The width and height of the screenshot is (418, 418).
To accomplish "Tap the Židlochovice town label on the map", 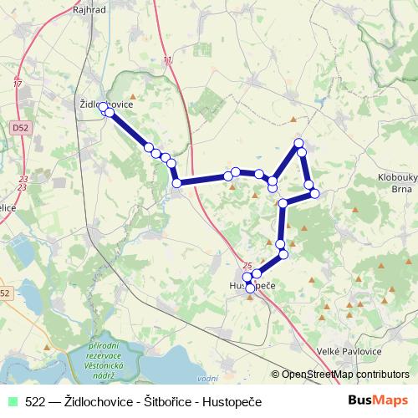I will point(104,104).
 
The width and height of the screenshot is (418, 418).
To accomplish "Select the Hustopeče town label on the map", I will point(252,286).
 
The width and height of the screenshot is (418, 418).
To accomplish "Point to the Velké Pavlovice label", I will point(351,353).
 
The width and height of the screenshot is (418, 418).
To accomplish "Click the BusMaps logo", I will point(379,401).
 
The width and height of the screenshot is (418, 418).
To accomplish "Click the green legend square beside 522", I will point(12,402).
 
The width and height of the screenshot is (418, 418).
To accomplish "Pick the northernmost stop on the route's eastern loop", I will point(299,144).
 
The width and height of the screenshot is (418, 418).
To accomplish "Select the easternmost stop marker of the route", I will point(315,194).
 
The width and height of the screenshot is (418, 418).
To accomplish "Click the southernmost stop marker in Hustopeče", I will point(250,288).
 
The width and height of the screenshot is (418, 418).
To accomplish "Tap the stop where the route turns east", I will point(176,183).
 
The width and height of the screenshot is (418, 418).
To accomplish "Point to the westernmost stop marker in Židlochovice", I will point(103,108).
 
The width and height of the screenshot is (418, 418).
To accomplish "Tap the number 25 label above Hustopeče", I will point(247,265).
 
